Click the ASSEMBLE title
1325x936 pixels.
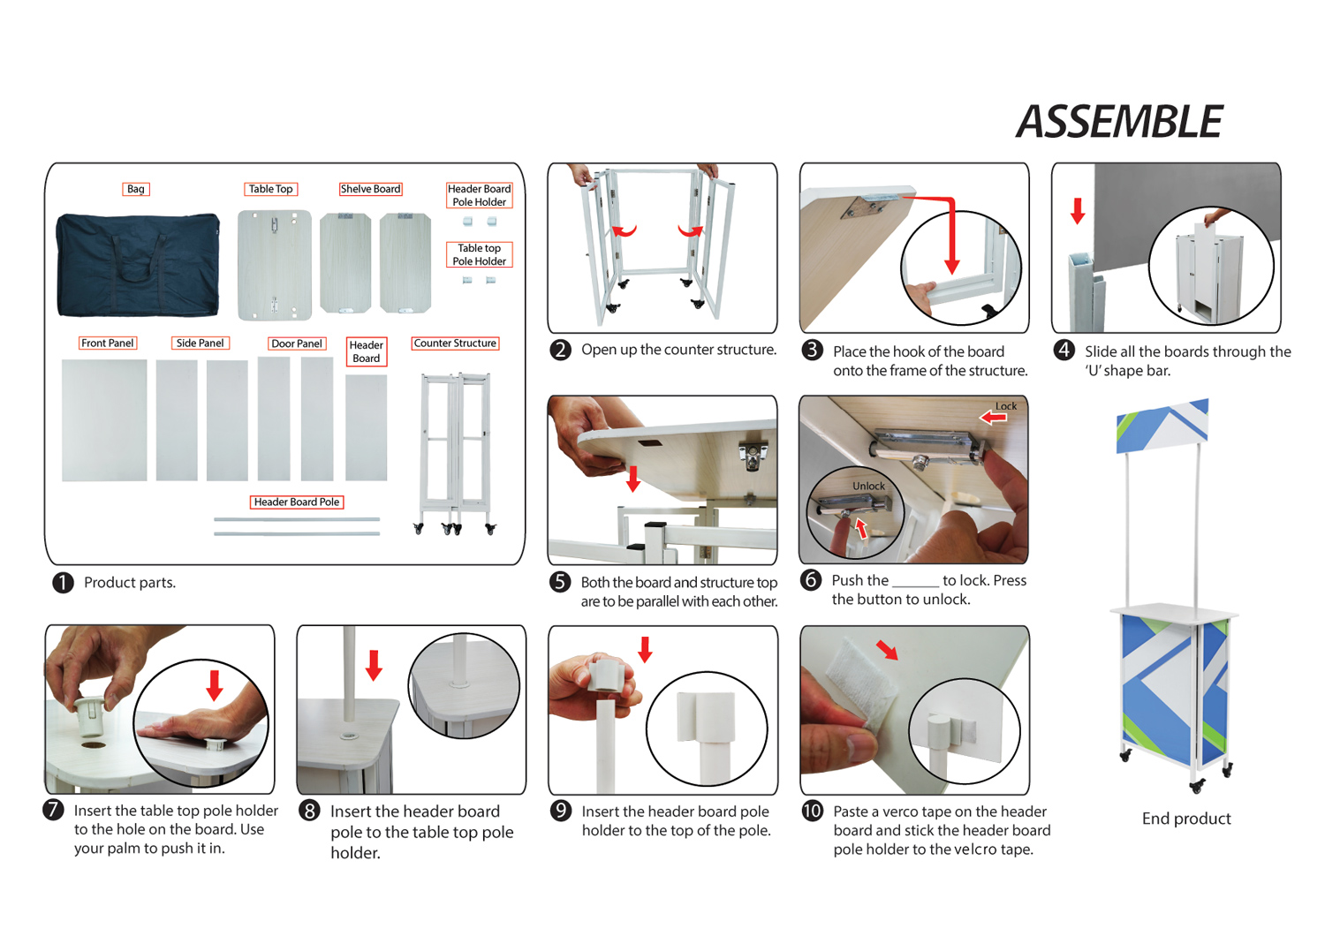pyautogui.click(x=1119, y=122)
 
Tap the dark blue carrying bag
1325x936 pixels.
pyautogui.click(x=138, y=264)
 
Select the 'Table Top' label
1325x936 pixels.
pyautogui.click(x=270, y=189)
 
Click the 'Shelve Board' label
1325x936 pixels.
pyautogui.click(x=370, y=189)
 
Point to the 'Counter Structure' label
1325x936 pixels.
pyautogui.click(x=455, y=343)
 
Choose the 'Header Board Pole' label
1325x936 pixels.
pyautogui.click(x=297, y=502)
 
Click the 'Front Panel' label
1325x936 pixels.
pyautogui.click(x=108, y=343)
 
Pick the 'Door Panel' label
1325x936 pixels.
pyautogui.click(x=297, y=343)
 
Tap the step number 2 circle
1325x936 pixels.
pyautogui.click(x=560, y=350)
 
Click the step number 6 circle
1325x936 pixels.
pyautogui.click(x=811, y=580)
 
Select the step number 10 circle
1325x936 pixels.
pyautogui.click(x=812, y=811)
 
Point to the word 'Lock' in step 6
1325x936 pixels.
pyautogui.click(x=1006, y=406)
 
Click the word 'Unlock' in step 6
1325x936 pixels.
pyautogui.click(x=868, y=487)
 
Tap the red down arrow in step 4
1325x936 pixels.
pyautogui.click(x=1078, y=211)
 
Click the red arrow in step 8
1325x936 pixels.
pyautogui.click(x=374, y=665)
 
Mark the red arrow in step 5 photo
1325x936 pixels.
pyautogui.click(x=633, y=478)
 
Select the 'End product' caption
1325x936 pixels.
pyautogui.click(x=1186, y=819)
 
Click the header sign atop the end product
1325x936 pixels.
pyautogui.click(x=1162, y=425)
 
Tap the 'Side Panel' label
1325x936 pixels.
pyautogui.click(x=200, y=343)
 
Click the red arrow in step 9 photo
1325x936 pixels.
pyautogui.click(x=646, y=649)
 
